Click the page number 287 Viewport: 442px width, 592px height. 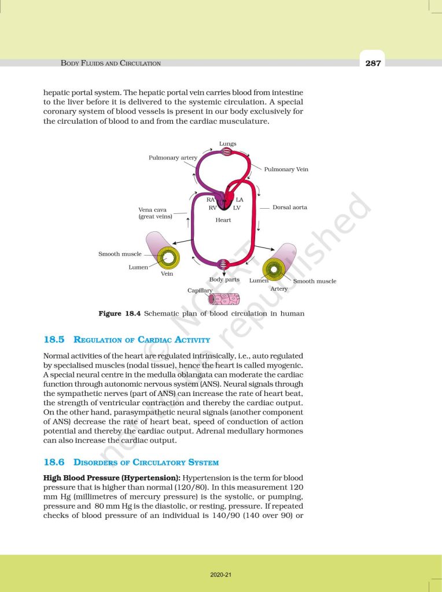[x=373, y=63]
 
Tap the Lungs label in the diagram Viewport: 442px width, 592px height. [x=227, y=143]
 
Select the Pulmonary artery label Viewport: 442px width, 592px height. [x=173, y=157]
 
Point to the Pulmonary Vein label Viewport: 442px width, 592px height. [x=286, y=169]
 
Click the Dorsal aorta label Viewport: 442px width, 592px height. [x=289, y=207]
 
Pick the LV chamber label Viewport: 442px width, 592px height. [x=237, y=208]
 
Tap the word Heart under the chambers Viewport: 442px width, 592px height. [x=223, y=220]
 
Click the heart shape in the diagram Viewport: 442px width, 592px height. [x=226, y=202]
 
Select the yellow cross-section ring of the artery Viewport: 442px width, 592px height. [x=274, y=269]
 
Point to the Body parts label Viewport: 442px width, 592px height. [x=224, y=280]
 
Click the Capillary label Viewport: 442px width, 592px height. [x=200, y=290]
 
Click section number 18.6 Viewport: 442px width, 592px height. [x=54, y=462]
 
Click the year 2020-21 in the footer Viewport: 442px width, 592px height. [x=221, y=575]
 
